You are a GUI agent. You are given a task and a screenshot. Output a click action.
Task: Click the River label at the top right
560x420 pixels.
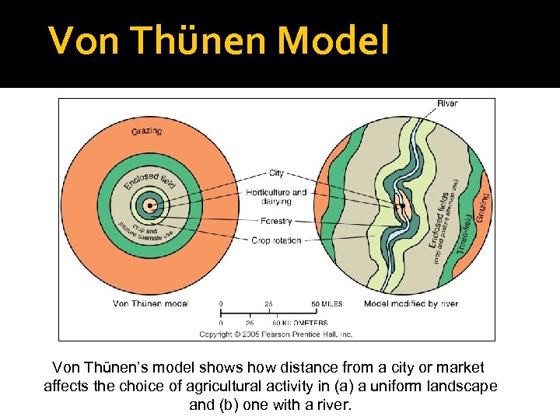tap(447, 103)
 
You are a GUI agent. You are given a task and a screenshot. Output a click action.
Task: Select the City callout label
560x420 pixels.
tap(276, 173)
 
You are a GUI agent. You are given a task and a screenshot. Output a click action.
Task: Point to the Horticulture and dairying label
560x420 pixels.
tap(276, 197)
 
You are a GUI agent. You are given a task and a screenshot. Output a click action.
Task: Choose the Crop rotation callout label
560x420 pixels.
tap(276, 241)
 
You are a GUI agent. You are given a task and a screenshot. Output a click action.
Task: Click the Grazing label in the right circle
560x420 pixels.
tap(483, 208)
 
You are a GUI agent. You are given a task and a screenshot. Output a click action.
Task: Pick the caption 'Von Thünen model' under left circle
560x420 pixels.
tap(151, 303)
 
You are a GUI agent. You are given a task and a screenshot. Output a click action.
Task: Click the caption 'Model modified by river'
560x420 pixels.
tap(411, 303)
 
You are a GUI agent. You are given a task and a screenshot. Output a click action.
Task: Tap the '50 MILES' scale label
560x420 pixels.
tap(327, 303)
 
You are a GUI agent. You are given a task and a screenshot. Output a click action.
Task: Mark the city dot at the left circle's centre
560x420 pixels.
tap(151, 206)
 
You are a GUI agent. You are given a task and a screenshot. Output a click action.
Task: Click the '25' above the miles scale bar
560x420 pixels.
tap(268, 303)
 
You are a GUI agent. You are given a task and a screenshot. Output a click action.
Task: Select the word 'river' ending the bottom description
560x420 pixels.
tap(336, 405)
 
